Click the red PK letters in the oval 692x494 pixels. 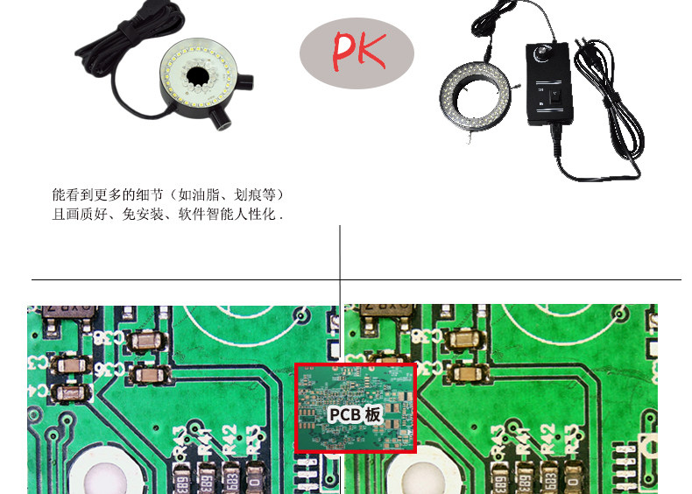358,51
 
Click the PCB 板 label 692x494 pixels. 355,414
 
